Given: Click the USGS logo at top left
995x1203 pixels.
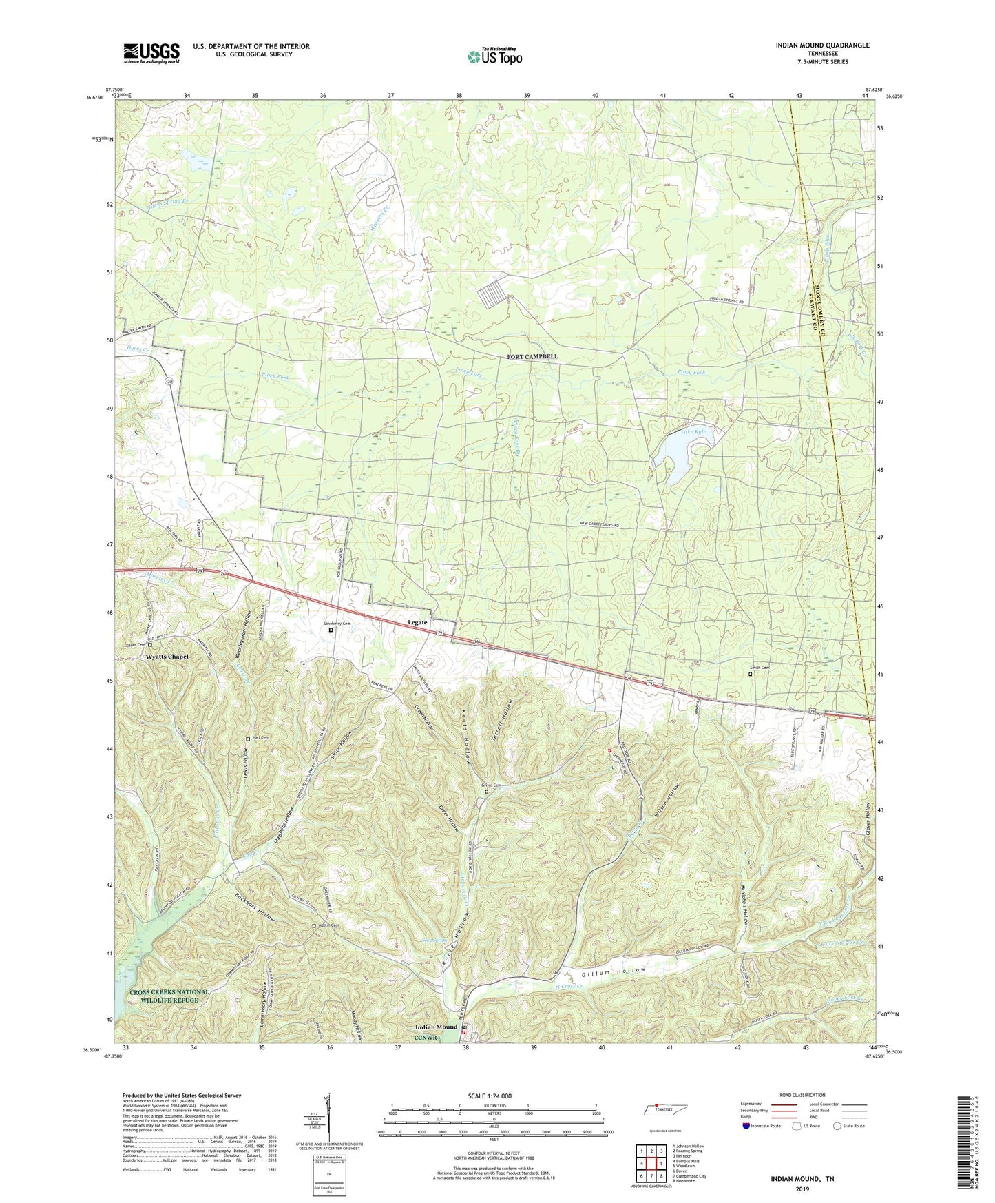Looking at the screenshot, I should pos(151,52).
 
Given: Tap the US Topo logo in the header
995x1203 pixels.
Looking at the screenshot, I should pos(494,56).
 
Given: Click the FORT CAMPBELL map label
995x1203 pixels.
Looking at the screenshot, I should pos(532,356).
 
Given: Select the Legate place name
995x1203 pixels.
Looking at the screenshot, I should pos(417,622).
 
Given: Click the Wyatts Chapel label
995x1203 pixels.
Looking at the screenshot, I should pos(167,657).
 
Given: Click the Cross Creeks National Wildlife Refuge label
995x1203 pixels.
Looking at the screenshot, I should pos(169,996).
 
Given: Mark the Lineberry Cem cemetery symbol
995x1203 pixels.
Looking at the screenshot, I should pos(330,630).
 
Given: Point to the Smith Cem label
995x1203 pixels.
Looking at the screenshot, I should pos(760,668).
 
